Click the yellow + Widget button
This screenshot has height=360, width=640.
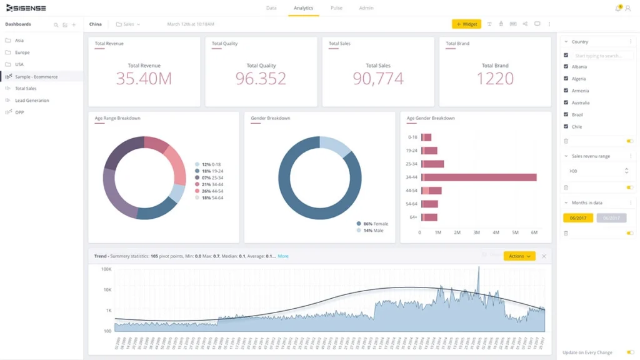[x=466, y=24]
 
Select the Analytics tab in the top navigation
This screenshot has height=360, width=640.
[x=303, y=8]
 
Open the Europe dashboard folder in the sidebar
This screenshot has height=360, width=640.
[x=22, y=52]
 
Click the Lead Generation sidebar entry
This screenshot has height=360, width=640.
[x=32, y=100]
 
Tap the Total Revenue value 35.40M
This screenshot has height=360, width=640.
[x=144, y=78]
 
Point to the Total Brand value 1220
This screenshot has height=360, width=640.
[x=495, y=78]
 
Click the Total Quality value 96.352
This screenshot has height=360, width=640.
[x=261, y=78]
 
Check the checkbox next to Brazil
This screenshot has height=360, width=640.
[x=566, y=114]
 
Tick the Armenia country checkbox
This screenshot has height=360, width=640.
[x=566, y=91]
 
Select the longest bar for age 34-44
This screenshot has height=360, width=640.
[x=479, y=177]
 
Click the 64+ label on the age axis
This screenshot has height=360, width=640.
[x=412, y=217]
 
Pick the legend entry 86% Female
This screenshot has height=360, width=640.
[x=376, y=224]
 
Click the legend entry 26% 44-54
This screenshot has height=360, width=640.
[x=211, y=191]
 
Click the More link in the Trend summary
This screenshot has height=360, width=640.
[x=283, y=256]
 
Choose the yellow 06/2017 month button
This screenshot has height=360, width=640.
[x=577, y=218]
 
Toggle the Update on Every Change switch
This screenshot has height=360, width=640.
[x=630, y=352]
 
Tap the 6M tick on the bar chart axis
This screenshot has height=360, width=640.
[x=534, y=232]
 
